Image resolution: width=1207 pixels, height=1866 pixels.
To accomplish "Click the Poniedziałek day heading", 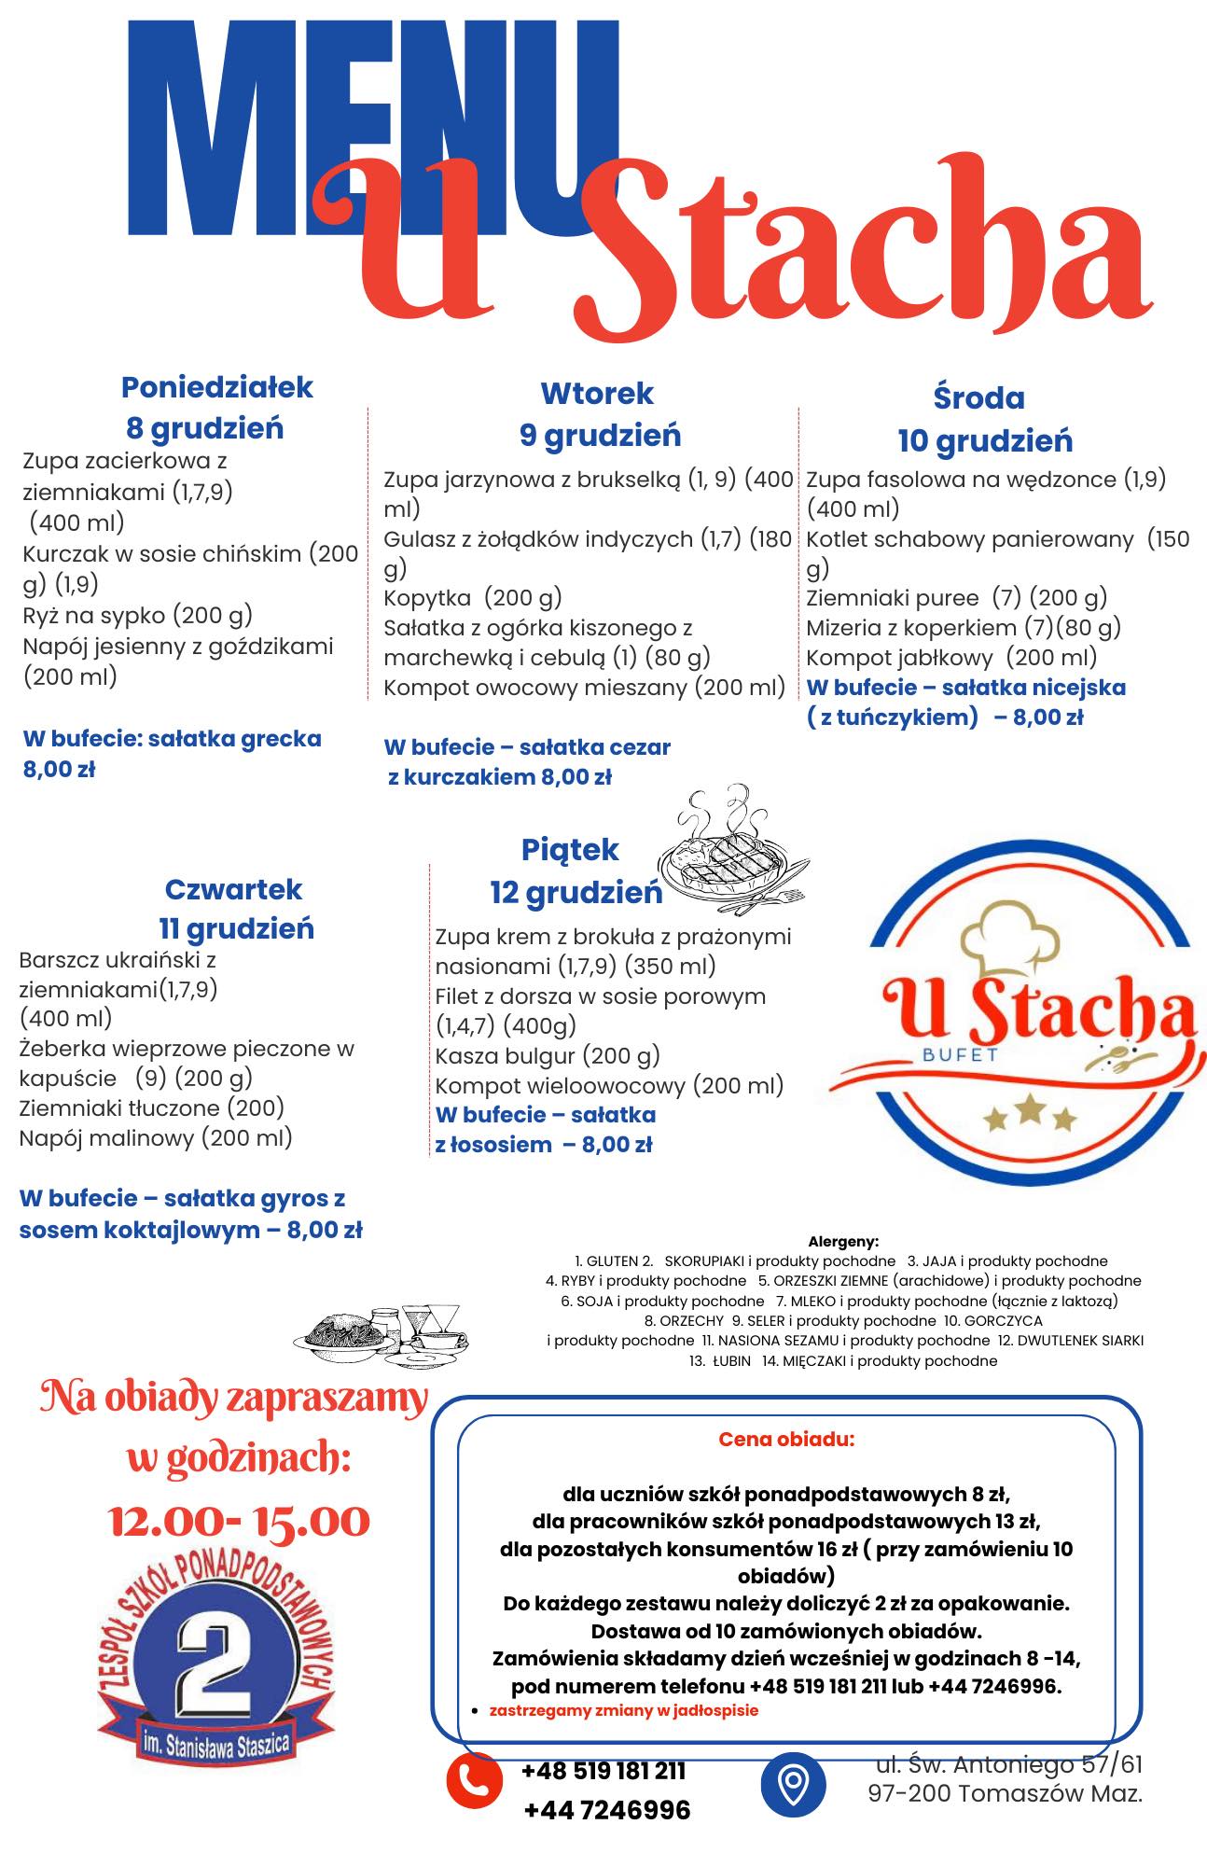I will (216, 387).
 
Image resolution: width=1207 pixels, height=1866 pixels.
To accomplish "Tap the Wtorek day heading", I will (597, 394).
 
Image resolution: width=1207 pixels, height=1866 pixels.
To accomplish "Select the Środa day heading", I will (978, 398).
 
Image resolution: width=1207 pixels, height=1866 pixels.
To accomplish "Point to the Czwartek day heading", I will (233, 889).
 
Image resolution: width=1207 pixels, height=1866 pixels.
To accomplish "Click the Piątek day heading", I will (570, 850).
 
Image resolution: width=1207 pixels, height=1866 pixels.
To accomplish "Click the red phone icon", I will (475, 1781).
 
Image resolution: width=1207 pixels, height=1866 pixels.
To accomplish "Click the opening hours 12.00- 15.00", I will (240, 1522).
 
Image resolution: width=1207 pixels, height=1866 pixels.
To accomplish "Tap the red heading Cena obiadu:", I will (785, 1439).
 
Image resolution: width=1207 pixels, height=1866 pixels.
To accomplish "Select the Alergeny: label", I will (843, 1241).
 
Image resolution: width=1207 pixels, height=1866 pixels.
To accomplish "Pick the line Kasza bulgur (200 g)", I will (548, 1055).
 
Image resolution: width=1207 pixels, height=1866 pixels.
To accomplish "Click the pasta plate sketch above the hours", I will (382, 1336).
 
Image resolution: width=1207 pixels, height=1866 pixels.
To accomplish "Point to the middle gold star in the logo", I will (1031, 1109).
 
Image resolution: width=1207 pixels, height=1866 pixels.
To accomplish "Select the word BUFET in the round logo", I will (960, 1055).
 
